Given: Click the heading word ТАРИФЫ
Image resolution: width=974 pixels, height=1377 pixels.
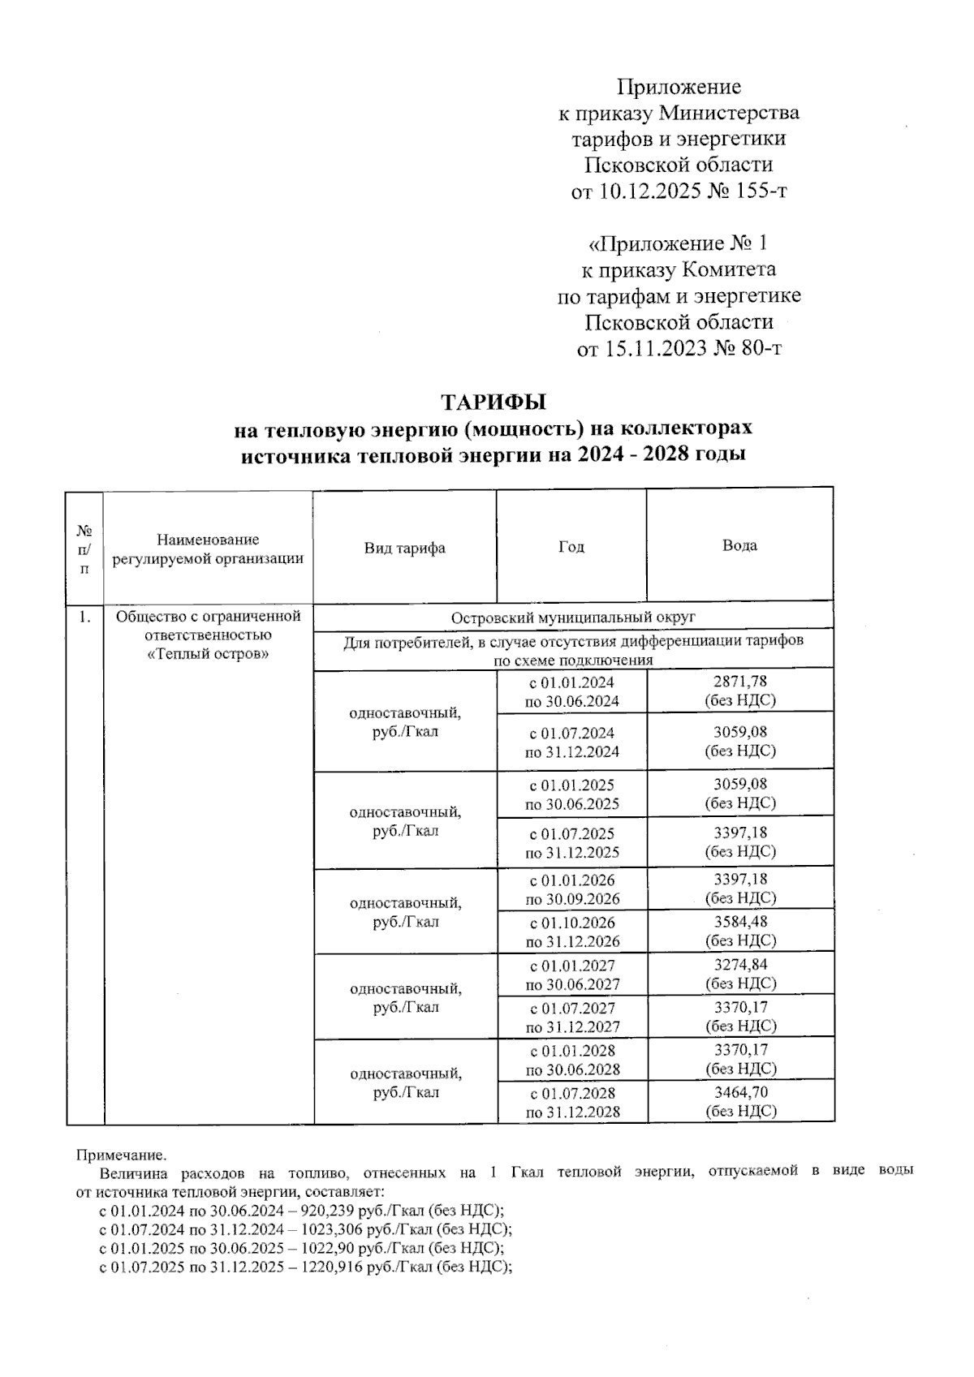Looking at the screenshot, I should coord(493,402).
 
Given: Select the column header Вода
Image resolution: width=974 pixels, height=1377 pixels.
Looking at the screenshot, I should coord(739,545).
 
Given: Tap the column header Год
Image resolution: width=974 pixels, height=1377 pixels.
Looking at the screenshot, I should coord(571,547).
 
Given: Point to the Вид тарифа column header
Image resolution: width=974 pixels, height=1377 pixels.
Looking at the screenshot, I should coord(404,548).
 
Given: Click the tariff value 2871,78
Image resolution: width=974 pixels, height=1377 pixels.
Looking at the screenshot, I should coord(739,682).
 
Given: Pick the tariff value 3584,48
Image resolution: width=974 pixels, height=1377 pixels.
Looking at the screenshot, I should coord(740,922).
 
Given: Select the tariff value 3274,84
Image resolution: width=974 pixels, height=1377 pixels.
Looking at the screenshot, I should coord(740,965).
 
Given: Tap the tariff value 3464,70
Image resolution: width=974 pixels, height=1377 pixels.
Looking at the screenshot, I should coord(740,1092).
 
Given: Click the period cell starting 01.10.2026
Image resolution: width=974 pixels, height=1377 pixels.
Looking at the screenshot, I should coord(572,932).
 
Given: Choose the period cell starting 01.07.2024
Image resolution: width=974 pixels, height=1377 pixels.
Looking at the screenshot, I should coord(572,742).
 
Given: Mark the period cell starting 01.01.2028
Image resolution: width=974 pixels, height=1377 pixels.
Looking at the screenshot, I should coord(572,1059).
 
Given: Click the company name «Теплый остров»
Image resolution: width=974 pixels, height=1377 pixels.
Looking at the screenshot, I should coord(209,654).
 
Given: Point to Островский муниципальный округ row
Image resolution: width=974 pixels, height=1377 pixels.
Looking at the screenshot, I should coord(573,617).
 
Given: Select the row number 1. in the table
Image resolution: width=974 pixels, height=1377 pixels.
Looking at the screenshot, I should coord(84,617).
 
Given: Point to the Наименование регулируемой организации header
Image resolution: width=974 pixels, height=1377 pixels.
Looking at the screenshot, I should coord(208,549).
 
